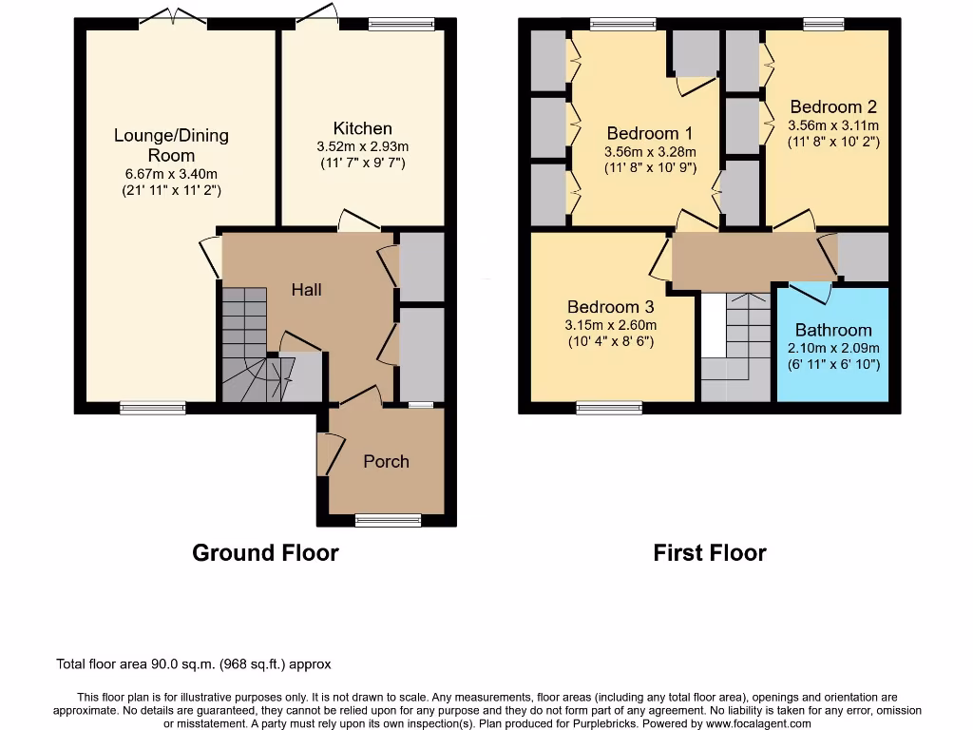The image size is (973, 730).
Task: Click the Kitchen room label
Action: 362,128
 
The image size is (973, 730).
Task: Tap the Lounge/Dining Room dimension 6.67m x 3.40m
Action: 171,174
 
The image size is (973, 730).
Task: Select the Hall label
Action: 307,289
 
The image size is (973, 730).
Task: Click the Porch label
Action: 386,461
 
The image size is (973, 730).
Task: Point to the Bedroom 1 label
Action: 650,133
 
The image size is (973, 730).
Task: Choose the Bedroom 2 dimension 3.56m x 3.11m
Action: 833,125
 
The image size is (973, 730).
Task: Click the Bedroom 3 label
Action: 611,307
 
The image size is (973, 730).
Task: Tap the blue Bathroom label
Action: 833,330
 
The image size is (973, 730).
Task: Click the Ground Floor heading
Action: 266,552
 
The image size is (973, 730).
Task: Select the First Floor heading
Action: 710,552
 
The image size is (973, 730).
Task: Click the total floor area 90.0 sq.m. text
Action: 194,664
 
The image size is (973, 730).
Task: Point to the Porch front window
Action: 388,520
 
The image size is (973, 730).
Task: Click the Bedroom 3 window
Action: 609,408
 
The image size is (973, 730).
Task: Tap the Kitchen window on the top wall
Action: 402,24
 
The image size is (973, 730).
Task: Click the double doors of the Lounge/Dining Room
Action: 173,19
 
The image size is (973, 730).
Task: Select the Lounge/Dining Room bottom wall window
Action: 153,408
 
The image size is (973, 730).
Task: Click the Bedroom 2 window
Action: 824,24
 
